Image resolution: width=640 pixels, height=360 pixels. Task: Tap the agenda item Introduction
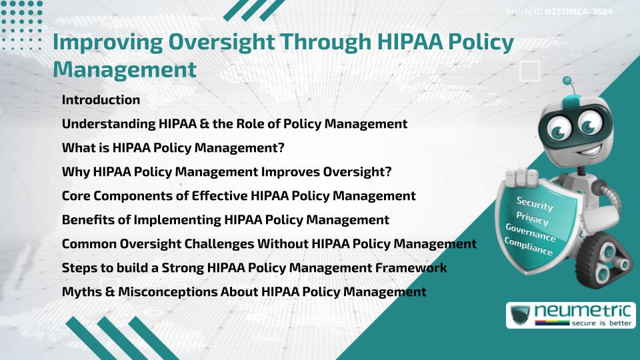[101, 100]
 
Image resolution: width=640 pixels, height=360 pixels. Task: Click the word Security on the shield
[535, 204]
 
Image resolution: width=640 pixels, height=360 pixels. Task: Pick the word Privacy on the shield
[532, 219]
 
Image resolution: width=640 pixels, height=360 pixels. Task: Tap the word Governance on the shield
[531, 233]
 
